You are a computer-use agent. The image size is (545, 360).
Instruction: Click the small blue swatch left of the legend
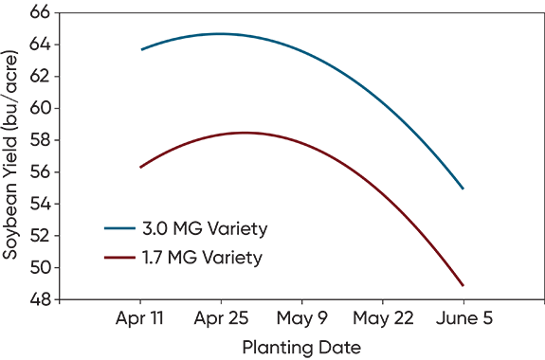(106, 218)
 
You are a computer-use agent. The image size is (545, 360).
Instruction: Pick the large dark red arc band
(284, 133)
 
